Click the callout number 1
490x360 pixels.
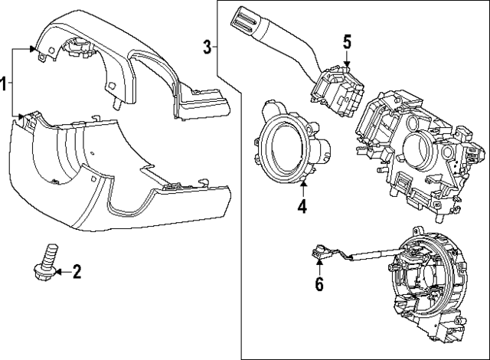(x=5, y=83)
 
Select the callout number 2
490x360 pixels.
(x=76, y=270)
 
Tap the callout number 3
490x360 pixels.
(x=207, y=47)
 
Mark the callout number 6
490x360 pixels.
(x=319, y=284)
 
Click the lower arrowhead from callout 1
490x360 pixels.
(x=21, y=116)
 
